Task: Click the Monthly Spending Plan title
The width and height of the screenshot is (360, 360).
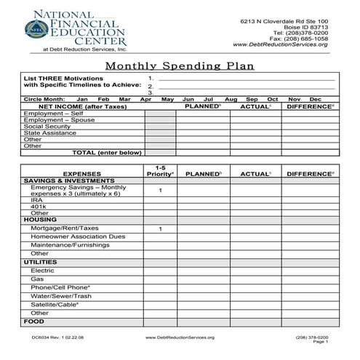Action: pos(180,66)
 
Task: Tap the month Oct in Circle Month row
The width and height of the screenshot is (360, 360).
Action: pos(273,98)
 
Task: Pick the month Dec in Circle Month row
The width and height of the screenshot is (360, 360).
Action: pos(315,98)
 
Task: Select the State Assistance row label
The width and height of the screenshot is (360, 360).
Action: pos(50,133)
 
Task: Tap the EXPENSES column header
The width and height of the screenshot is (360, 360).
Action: pos(82,174)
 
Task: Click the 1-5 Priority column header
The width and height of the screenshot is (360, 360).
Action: pos(160,171)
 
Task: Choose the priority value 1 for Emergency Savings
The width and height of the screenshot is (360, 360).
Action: pos(160,191)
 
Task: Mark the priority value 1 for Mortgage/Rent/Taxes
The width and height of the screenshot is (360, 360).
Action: pos(160,228)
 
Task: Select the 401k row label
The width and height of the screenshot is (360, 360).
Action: pos(37,206)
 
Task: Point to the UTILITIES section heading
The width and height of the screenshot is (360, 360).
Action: pos(41,262)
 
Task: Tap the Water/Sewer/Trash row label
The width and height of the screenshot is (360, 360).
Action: pos(61,296)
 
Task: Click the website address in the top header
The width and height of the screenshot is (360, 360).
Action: pos(281,44)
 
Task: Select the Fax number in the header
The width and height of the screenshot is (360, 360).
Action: pos(300,39)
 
